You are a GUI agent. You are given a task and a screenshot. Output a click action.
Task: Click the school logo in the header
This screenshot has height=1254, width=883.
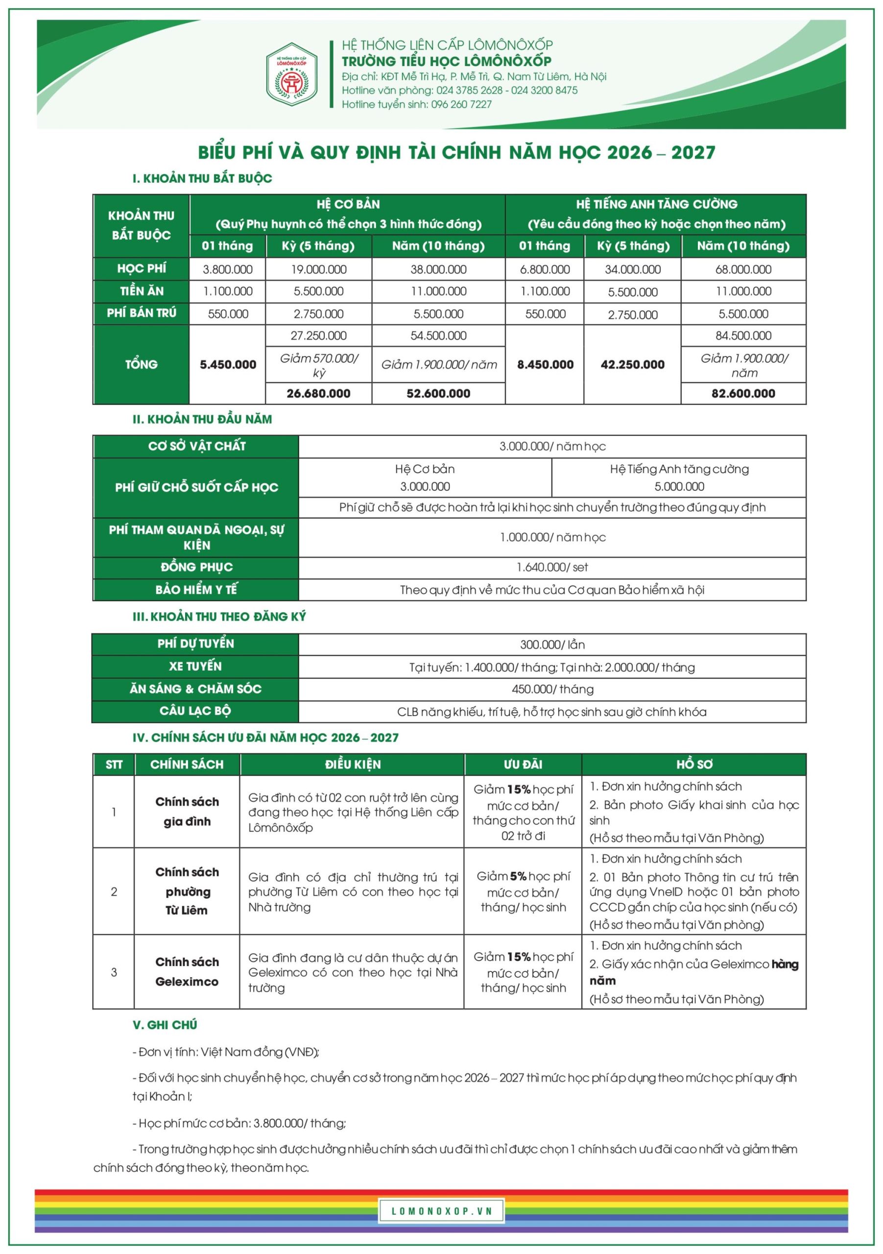pos(291,74)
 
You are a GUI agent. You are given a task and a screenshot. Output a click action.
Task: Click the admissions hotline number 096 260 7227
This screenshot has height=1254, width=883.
pos(461,104)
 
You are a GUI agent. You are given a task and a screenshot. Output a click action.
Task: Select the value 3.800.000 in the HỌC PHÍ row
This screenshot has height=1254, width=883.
pos(228,269)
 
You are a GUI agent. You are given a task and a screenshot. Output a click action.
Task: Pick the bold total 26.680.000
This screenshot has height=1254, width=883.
pos(318,393)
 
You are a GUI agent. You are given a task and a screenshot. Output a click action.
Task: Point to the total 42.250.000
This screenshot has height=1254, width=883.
pos(632,365)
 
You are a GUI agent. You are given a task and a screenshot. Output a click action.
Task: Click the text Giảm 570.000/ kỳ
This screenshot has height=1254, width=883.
pos(319,365)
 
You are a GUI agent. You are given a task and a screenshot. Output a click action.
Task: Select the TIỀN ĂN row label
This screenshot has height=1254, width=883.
pos(142,291)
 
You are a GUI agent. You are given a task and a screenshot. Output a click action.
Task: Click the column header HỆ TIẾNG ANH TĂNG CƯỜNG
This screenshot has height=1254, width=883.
pos(656,204)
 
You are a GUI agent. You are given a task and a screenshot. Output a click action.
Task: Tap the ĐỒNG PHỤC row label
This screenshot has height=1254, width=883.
pos(196,567)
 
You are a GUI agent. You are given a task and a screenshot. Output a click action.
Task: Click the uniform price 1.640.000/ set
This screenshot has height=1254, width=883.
pos(552,567)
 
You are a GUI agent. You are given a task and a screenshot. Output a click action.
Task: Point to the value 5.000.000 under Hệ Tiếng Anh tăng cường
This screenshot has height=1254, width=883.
pos(679,486)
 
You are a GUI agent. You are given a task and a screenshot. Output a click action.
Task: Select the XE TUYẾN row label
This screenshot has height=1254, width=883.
pos(195,666)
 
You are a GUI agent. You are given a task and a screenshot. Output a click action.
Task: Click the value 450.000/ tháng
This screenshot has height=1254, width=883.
pos(552,689)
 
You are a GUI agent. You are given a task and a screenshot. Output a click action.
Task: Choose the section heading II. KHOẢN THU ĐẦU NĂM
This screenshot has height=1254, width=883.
pos(202,419)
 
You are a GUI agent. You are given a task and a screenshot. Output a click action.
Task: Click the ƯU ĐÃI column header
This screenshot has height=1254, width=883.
pos(523,764)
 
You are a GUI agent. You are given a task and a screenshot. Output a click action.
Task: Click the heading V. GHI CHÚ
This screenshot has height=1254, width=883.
pos(165,1025)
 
